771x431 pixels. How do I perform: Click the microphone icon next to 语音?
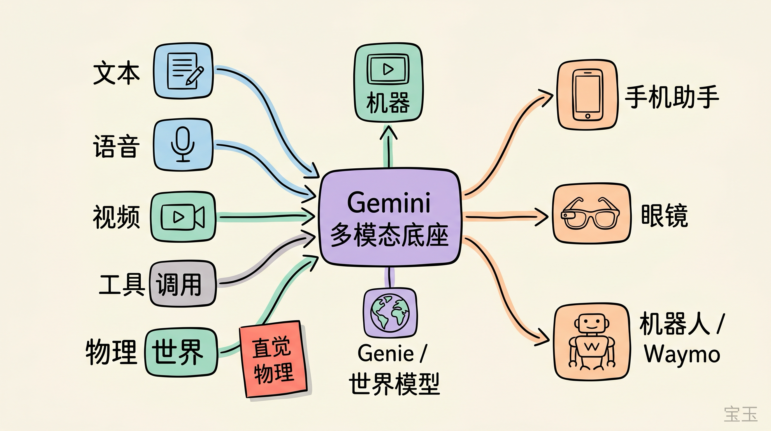click(183, 144)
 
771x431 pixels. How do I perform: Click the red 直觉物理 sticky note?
click(273, 359)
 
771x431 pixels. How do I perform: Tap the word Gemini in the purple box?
click(389, 203)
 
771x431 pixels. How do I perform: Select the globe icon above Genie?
click(390, 313)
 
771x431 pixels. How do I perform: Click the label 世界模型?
click(394, 384)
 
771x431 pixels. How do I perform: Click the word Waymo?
click(682, 355)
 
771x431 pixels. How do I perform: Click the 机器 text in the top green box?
click(388, 102)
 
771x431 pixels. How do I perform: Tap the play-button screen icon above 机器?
click(388, 69)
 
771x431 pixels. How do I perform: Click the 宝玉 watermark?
click(740, 414)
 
